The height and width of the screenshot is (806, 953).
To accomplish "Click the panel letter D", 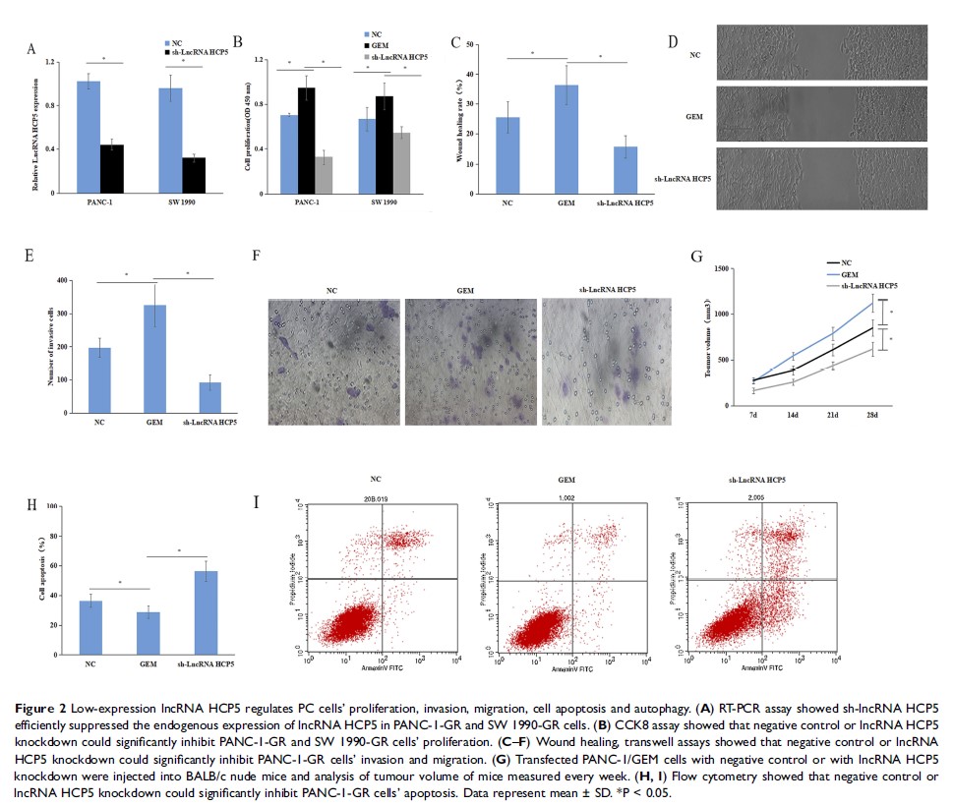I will point(672,42).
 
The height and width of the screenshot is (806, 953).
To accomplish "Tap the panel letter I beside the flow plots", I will point(257,502).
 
